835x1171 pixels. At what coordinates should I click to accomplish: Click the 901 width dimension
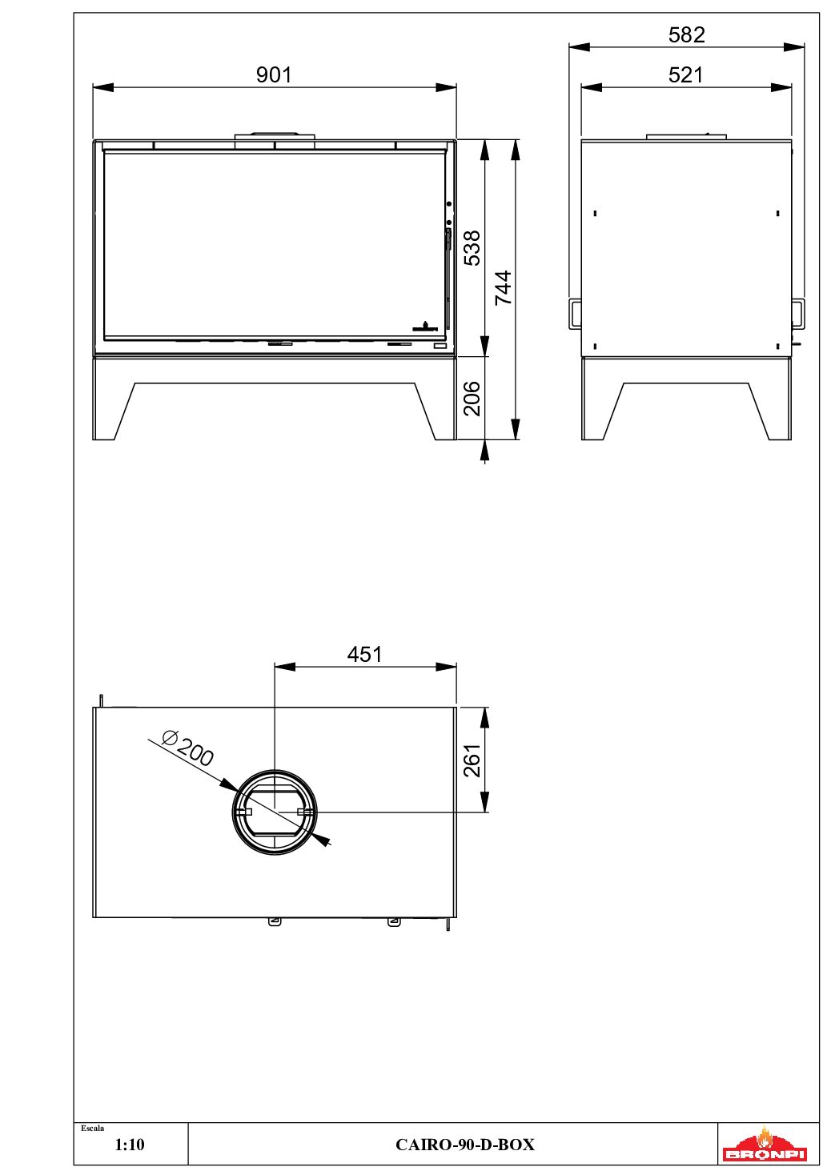click(x=274, y=74)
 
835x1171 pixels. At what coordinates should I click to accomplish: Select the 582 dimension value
click(x=686, y=34)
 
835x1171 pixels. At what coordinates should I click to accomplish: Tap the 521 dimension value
click(x=685, y=74)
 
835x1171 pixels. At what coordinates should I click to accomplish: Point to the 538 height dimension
click(x=472, y=248)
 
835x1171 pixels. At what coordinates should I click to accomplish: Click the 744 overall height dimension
click(x=503, y=287)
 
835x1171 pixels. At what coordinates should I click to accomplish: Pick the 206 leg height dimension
click(x=472, y=398)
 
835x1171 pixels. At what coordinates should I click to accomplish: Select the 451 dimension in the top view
click(x=364, y=654)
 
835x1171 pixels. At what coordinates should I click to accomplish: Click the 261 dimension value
click(x=472, y=760)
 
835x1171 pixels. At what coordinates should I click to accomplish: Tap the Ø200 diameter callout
click(x=188, y=748)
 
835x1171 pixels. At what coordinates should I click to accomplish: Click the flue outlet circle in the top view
click(x=275, y=812)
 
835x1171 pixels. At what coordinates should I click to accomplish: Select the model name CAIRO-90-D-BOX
click(x=464, y=1145)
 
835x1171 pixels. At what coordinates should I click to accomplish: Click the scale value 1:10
click(x=130, y=1145)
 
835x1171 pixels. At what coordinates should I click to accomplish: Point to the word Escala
click(x=93, y=1129)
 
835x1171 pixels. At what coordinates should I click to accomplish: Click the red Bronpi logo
click(x=765, y=1145)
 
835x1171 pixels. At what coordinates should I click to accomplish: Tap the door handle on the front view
click(x=448, y=240)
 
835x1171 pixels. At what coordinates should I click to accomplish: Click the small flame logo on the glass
click(x=424, y=326)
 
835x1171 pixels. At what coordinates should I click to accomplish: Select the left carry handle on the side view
click(x=575, y=313)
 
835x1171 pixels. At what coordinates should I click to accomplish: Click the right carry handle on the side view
click(x=798, y=313)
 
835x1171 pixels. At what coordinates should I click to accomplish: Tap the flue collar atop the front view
click(x=274, y=137)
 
